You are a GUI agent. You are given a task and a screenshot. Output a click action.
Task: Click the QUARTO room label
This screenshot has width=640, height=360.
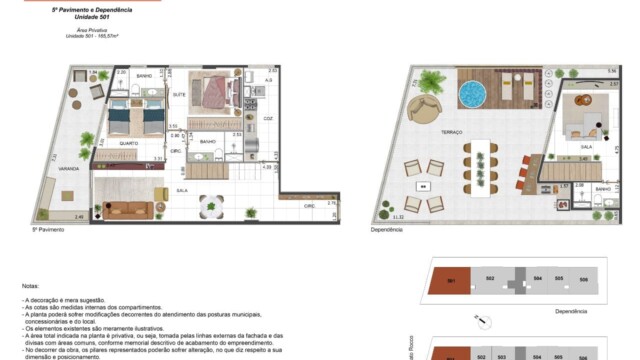(129, 143)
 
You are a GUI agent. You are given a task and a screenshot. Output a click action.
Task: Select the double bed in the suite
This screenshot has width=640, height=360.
(211, 94)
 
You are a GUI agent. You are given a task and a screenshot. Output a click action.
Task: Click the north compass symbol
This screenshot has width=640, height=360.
(482, 322)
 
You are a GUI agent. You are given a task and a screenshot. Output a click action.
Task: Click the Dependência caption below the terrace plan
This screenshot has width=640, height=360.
(387, 229)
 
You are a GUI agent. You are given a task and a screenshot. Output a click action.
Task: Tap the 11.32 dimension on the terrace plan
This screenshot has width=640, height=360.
(399, 217)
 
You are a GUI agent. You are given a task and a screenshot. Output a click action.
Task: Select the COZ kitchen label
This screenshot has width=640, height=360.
(267, 118)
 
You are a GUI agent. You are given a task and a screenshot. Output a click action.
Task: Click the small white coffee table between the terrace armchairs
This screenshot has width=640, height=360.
(424, 186)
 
